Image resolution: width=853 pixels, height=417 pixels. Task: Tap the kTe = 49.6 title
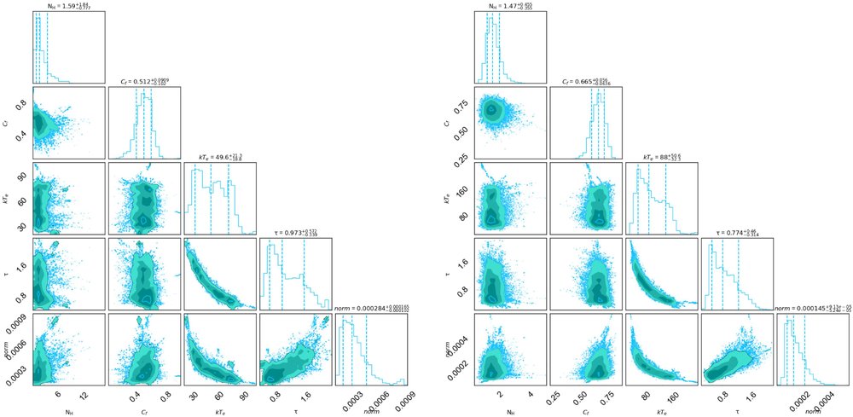pos(220,157)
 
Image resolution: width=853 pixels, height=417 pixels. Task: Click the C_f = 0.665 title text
pos(587,82)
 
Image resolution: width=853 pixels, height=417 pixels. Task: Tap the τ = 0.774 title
pos(738,232)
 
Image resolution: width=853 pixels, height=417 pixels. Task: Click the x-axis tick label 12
pos(84,396)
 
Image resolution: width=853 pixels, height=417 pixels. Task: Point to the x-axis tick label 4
pos(531,396)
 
